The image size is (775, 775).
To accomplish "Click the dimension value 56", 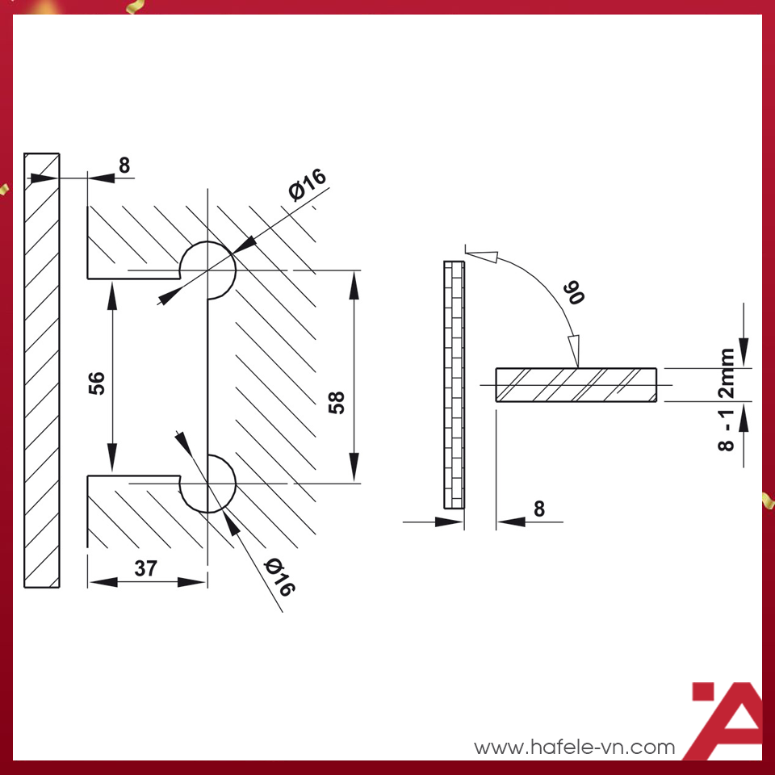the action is [97, 383].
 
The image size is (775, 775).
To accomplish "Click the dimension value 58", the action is [337, 402].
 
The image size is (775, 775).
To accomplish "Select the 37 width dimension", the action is [146, 568].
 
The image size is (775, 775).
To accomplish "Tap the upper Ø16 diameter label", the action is [308, 184].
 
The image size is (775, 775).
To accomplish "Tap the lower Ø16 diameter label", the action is [280, 577].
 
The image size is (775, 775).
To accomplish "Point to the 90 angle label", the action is [573, 292].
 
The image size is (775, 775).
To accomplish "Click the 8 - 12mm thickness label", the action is [726, 400].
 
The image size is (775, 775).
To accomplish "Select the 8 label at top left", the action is [124, 165].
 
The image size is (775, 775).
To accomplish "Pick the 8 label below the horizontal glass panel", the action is [539, 509].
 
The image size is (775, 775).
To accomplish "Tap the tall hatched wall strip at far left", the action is [42, 371].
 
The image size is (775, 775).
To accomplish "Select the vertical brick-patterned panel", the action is [455, 384].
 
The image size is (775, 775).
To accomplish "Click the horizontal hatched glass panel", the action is [576, 385].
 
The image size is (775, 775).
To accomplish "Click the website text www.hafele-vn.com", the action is [574, 747].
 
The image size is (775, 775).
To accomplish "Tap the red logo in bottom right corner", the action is [727, 721].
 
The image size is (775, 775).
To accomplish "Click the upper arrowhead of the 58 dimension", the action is [354, 286].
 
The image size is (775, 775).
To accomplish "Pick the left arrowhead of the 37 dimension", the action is [103, 582].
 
